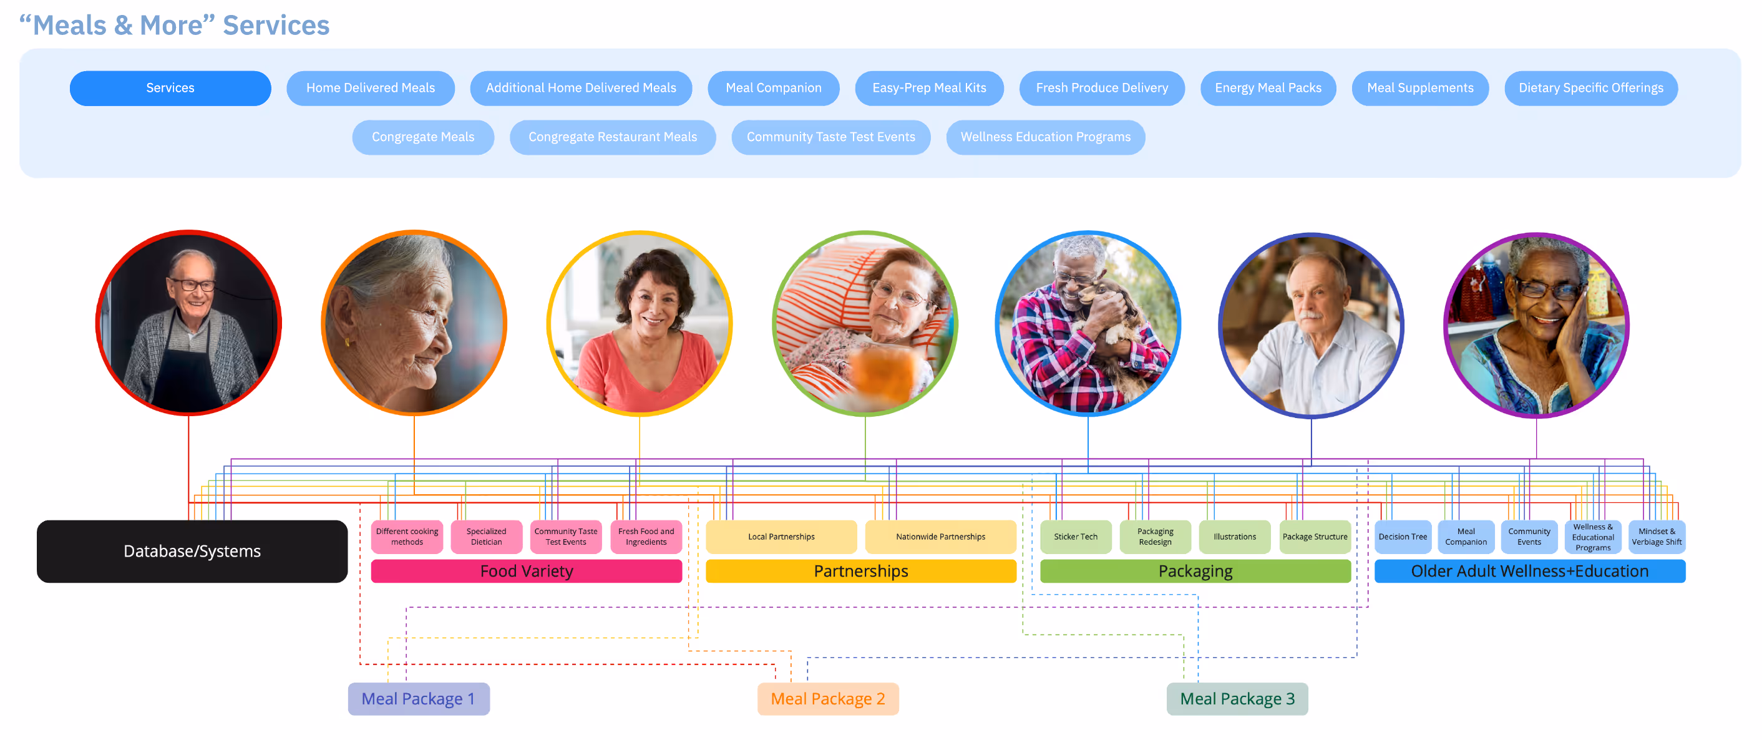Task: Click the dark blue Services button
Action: click(170, 88)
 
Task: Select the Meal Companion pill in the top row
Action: click(773, 88)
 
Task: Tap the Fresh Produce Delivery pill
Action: click(1101, 88)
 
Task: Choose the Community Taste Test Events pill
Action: click(830, 137)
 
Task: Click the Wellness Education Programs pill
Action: click(1045, 137)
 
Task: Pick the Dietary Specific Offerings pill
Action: click(1590, 88)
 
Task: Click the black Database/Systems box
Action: click(192, 551)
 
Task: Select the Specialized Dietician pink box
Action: click(486, 537)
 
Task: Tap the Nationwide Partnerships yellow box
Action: click(940, 537)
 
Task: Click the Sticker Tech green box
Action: click(1075, 537)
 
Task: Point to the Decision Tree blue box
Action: click(1402, 537)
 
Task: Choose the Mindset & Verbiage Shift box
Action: click(1656, 537)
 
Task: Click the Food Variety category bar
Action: click(526, 571)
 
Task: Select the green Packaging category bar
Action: click(1195, 571)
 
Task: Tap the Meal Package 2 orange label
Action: click(827, 699)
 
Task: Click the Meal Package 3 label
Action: click(1237, 699)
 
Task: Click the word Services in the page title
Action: click(276, 26)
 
